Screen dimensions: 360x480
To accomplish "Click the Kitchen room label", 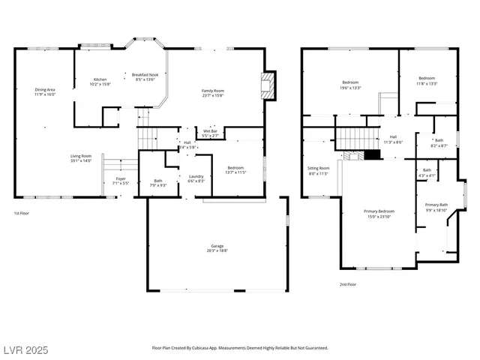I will [100, 82].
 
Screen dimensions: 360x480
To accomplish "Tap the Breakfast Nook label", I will [144, 77].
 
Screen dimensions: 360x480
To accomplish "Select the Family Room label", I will [213, 93].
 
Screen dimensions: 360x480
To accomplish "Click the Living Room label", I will [80, 158].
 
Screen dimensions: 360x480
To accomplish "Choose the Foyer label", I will [121, 181].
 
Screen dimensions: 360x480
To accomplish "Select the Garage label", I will [217, 248].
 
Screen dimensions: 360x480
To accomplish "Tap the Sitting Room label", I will [319, 170].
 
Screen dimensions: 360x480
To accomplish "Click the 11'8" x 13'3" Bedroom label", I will [427, 81].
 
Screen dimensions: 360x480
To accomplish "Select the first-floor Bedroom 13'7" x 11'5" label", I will [235, 169].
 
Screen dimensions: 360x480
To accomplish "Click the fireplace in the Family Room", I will [268, 85].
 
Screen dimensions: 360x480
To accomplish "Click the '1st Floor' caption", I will [22, 214].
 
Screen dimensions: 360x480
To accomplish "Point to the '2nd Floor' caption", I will [349, 283].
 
